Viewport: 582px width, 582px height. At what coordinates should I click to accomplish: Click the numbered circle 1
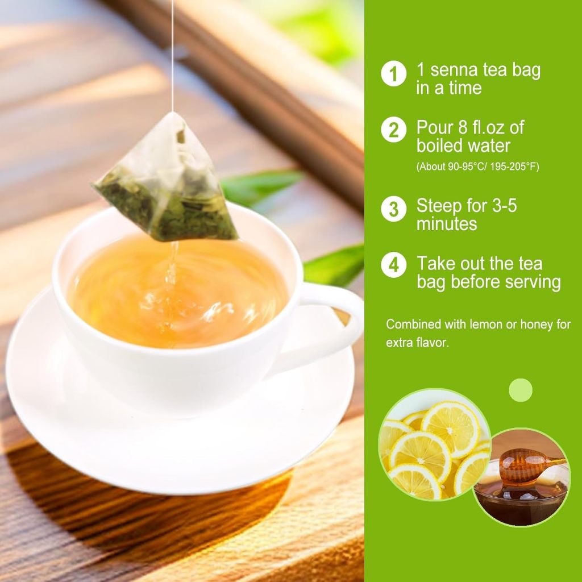(393, 73)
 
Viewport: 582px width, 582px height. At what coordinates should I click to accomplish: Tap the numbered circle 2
(393, 130)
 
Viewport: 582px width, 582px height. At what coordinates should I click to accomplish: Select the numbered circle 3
(393, 209)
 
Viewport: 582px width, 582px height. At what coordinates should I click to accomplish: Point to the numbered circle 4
(393, 265)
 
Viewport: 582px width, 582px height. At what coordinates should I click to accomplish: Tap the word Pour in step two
(435, 127)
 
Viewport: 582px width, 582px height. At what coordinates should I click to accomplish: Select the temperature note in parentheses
(477, 167)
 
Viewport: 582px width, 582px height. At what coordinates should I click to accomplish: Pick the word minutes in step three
(447, 225)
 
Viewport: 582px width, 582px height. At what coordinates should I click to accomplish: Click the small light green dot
(521, 390)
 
